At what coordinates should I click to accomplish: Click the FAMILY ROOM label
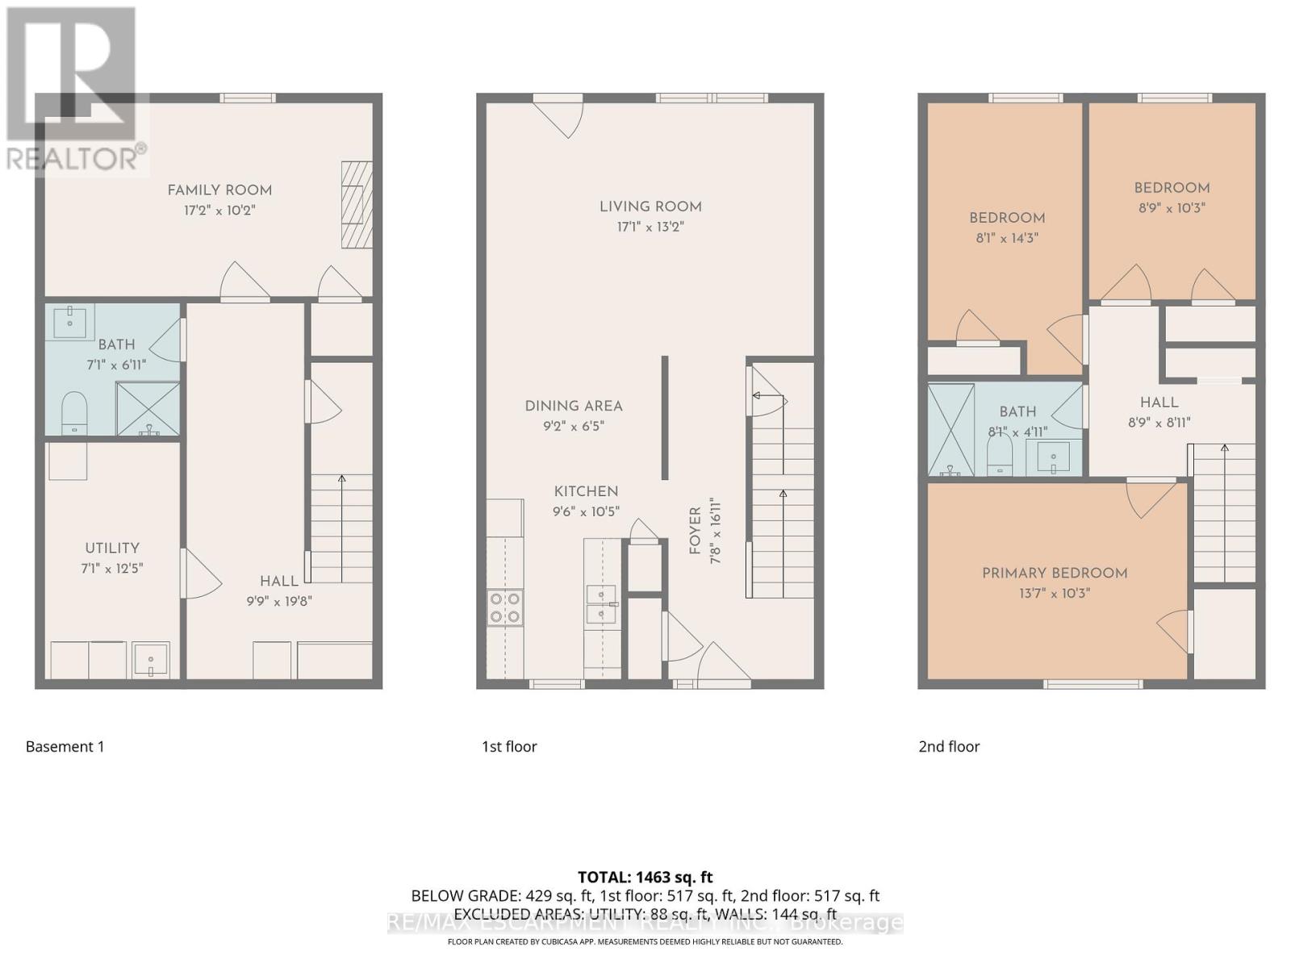click(x=219, y=190)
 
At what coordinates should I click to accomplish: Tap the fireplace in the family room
click(x=356, y=204)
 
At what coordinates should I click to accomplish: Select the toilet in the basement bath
click(x=74, y=412)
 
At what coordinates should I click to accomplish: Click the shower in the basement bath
click(x=148, y=409)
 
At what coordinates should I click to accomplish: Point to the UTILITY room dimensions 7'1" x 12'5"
click(x=112, y=568)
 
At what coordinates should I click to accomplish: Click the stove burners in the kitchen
click(x=505, y=607)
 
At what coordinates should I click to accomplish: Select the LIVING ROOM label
click(x=650, y=207)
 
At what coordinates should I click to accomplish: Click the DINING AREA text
click(x=574, y=406)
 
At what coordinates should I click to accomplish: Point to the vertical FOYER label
click(x=695, y=531)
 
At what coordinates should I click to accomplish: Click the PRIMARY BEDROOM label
click(x=1055, y=573)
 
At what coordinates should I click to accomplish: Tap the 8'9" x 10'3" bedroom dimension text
click(x=1172, y=207)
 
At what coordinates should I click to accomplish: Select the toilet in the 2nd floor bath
click(x=1000, y=457)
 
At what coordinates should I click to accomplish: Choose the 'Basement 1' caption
click(x=65, y=746)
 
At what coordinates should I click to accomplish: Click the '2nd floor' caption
click(x=949, y=746)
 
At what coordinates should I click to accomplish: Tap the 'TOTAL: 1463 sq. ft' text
click(x=645, y=877)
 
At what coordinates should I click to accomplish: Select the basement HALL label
click(x=279, y=581)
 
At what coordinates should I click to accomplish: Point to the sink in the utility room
click(x=151, y=660)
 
